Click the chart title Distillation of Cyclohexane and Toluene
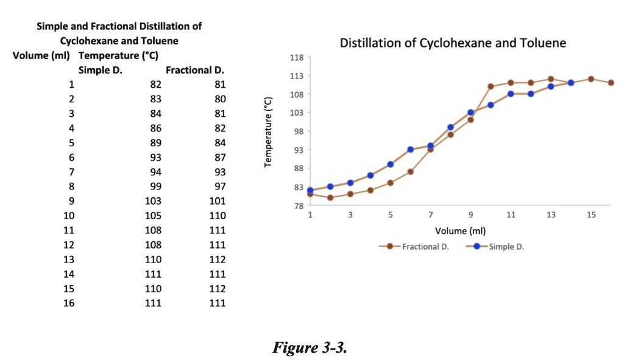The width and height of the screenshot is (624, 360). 453,43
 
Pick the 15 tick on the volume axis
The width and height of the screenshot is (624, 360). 591,215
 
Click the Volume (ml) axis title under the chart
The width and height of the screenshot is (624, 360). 460,231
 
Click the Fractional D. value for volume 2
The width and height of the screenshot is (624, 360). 220,99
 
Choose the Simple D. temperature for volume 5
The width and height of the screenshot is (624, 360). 155,143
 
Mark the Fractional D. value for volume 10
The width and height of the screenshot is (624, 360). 217,216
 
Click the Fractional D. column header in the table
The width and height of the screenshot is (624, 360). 196,70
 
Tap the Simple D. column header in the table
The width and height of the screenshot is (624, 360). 101,70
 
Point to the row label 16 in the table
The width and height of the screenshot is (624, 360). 69,303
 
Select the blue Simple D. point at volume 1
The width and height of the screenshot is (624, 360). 310,190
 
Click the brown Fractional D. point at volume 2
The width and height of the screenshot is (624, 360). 330,197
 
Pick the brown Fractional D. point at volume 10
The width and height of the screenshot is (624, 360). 491,86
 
